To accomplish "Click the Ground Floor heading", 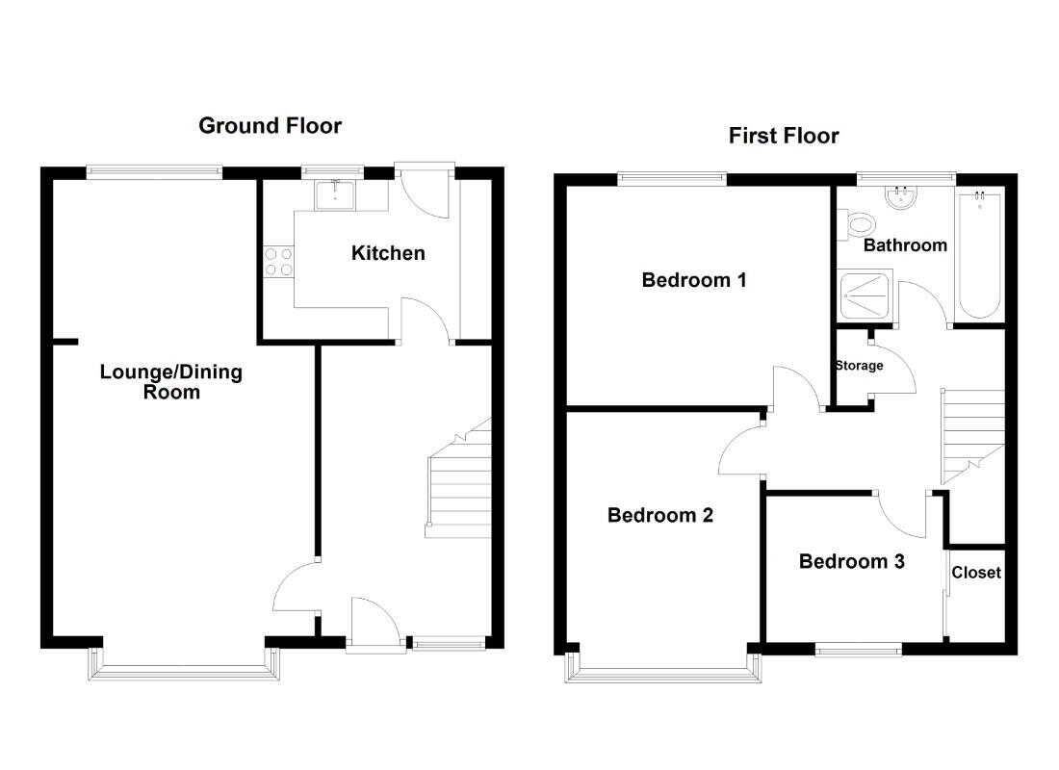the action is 271,126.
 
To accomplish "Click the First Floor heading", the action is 784,136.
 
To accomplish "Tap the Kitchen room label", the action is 388,253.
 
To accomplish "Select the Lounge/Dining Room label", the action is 170,381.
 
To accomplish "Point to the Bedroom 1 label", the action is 694,280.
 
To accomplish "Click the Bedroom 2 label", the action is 660,515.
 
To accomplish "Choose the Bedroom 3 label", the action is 852,561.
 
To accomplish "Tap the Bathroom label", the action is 905,245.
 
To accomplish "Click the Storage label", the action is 859,366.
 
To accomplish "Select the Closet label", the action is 976,573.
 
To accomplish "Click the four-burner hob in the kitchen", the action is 278,262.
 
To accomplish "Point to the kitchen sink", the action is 335,194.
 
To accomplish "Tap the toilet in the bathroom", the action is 857,224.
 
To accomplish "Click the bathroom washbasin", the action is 901,196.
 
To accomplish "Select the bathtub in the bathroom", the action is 980,253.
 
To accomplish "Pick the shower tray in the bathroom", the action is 865,295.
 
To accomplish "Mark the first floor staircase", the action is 973,437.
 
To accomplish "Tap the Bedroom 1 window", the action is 672,178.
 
